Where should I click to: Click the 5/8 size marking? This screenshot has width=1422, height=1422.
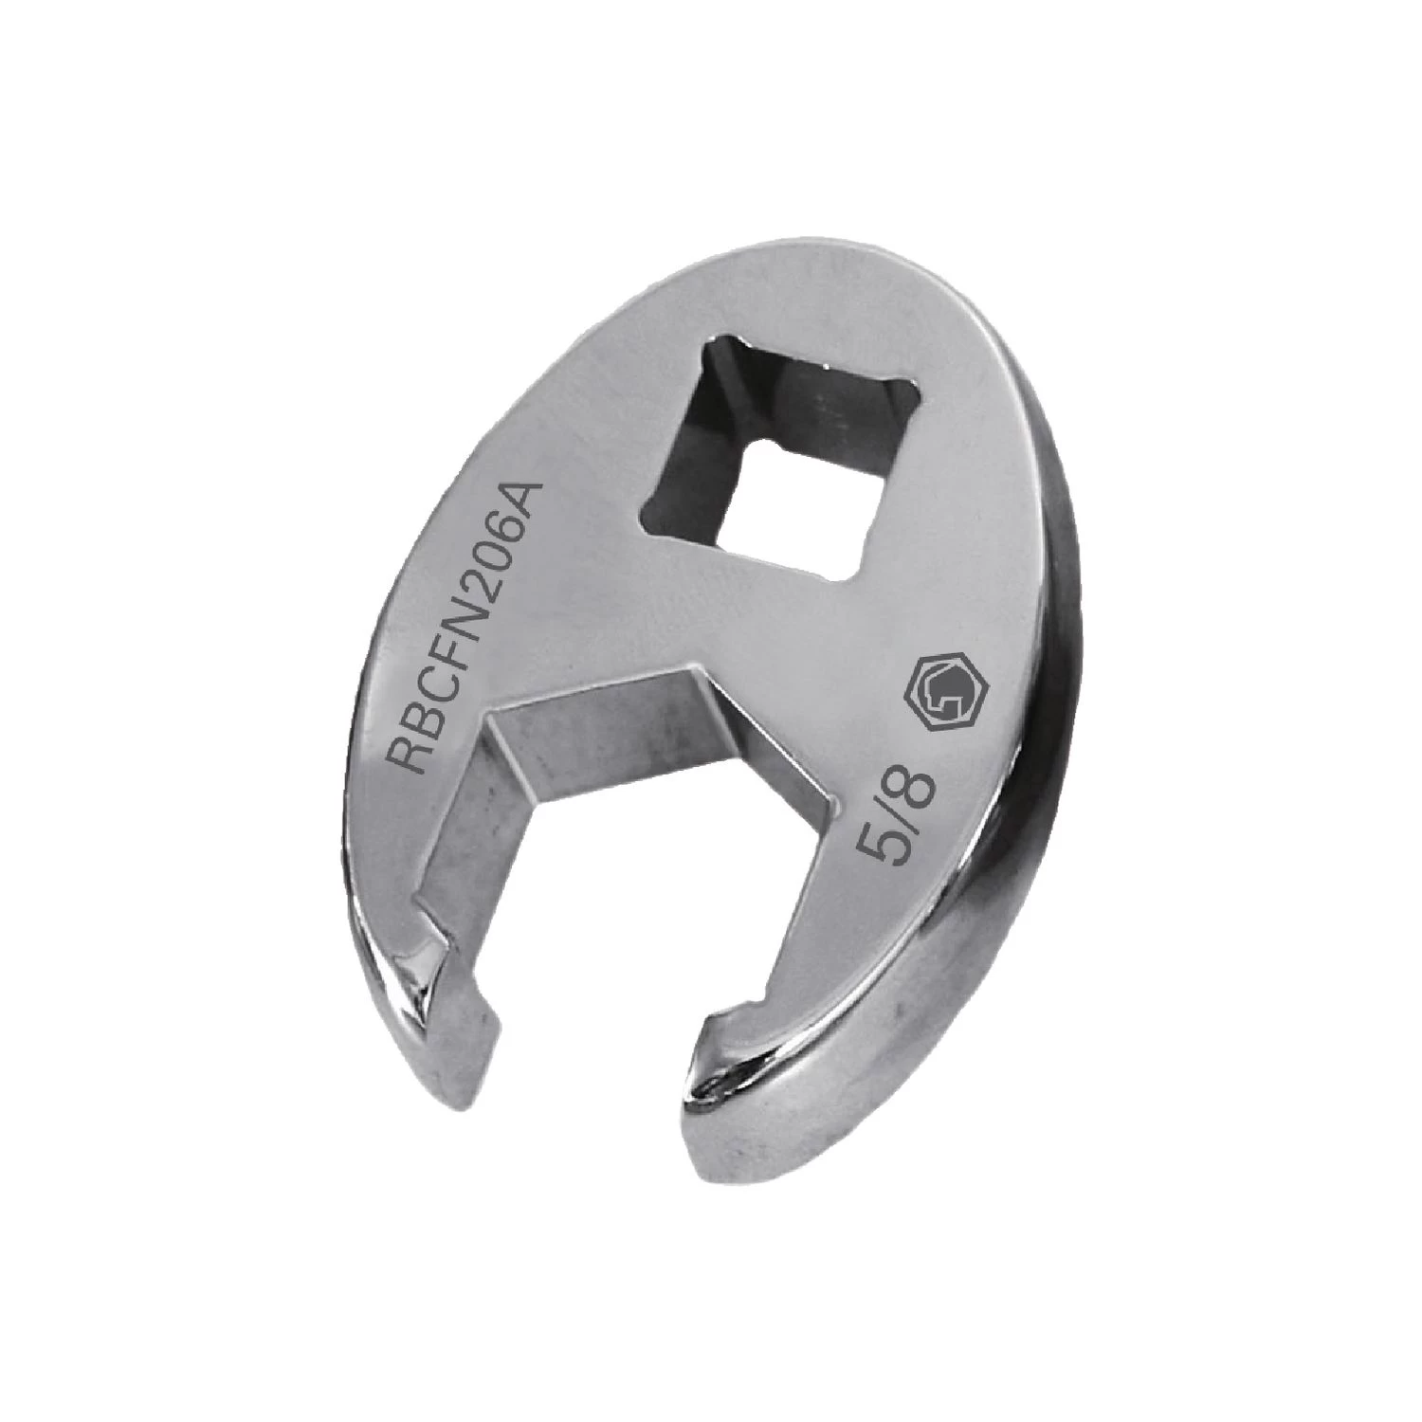888,823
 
